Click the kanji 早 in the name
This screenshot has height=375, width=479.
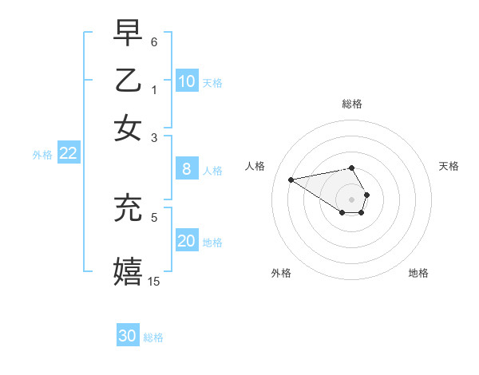pos(129,34)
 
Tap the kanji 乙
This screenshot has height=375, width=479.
pos(129,81)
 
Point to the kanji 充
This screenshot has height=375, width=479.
pos(129,208)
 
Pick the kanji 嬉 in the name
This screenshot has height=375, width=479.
pos(129,270)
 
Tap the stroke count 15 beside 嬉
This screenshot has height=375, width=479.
pos(154,280)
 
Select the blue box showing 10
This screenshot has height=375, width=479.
pos(186,81)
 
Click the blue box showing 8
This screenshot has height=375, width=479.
pos(186,169)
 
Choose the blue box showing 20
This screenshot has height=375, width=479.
pos(186,241)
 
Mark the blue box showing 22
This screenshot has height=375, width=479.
pos(68,154)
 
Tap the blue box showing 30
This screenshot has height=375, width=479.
pos(128,336)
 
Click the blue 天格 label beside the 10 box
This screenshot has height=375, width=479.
pos(212,83)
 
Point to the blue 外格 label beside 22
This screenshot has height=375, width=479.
pos(42,155)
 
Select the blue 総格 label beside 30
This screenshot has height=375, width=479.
pos(153,337)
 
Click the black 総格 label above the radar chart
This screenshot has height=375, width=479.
pos(352,104)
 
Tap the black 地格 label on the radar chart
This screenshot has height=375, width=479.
pos(418,273)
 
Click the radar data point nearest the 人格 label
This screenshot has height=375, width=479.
pos(291,180)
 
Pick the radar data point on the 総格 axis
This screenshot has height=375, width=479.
pos(351,168)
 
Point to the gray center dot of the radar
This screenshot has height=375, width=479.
pos(351,199)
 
